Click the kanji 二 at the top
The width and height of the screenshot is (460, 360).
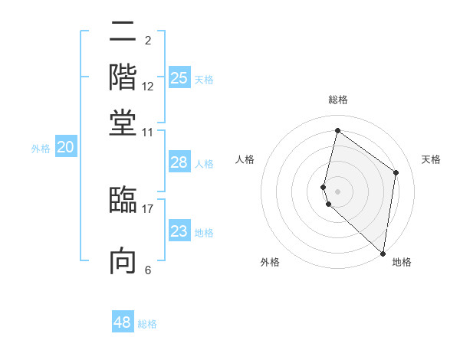[123, 32]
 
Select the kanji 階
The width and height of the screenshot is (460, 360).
[123, 77]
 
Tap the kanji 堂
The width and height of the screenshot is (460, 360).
[123, 123]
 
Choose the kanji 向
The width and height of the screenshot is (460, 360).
[123, 260]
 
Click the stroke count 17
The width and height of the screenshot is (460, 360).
[148, 208]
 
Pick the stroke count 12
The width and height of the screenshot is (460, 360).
[148, 87]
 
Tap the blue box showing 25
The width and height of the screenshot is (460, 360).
[179, 77]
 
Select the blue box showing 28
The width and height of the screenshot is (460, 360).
[179, 162]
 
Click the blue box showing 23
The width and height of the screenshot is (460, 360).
[179, 231]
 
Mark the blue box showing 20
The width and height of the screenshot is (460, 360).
[65, 148]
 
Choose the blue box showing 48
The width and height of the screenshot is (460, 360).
[123, 322]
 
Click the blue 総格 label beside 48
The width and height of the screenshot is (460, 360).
[147, 324]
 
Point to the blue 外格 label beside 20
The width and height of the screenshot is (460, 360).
[41, 149]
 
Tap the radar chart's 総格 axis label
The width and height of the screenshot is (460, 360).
[338, 100]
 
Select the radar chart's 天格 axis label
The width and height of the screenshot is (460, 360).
[431, 159]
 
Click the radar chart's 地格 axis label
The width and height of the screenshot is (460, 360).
[402, 262]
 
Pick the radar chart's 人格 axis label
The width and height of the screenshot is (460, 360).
[245, 159]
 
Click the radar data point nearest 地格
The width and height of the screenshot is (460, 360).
[383, 254]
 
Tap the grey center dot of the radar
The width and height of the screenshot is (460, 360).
[337, 190]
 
